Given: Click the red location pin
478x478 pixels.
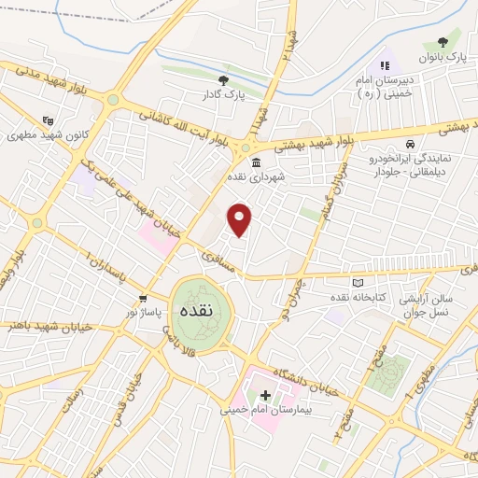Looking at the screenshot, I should pyautogui.click(x=241, y=219).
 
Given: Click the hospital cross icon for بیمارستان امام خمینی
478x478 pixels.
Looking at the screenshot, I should pyautogui.click(x=266, y=396).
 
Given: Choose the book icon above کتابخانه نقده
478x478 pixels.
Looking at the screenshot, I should pyautogui.click(x=356, y=283).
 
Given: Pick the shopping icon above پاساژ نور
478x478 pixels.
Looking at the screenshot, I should pyautogui.click(x=142, y=299).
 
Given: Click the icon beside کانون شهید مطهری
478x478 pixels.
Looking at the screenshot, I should pyautogui.click(x=49, y=119).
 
